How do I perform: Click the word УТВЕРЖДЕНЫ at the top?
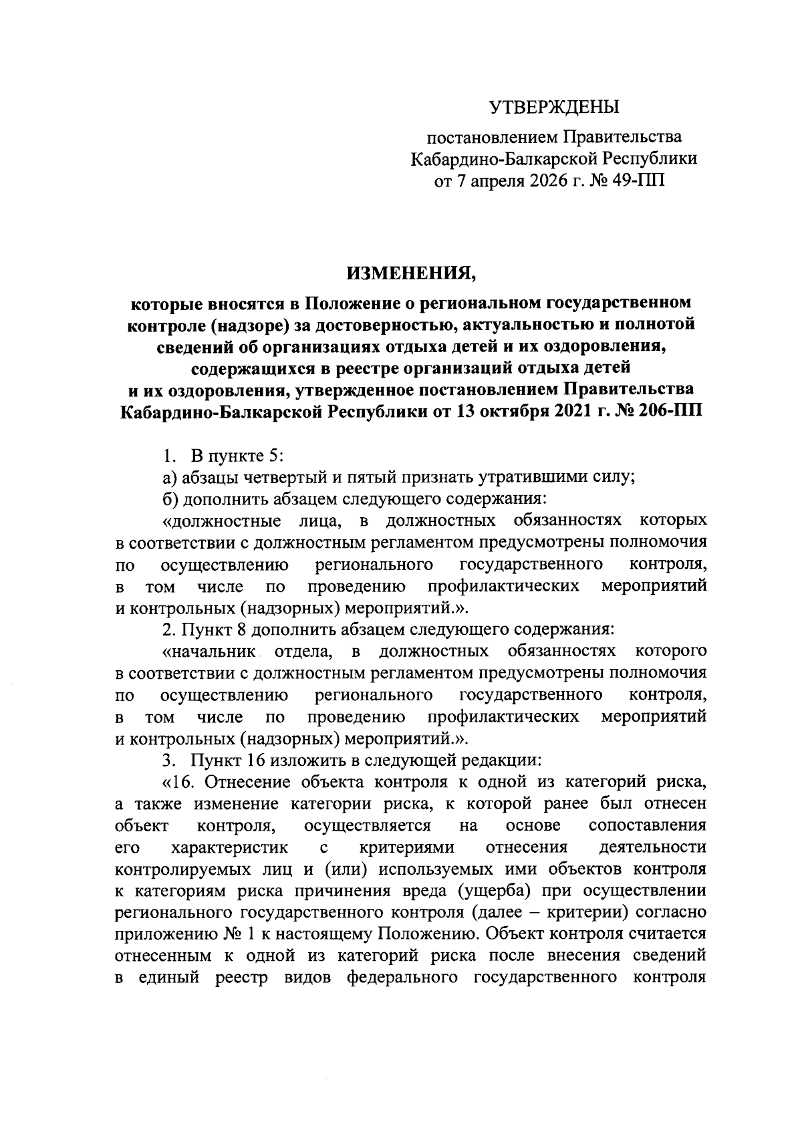click(x=554, y=107)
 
